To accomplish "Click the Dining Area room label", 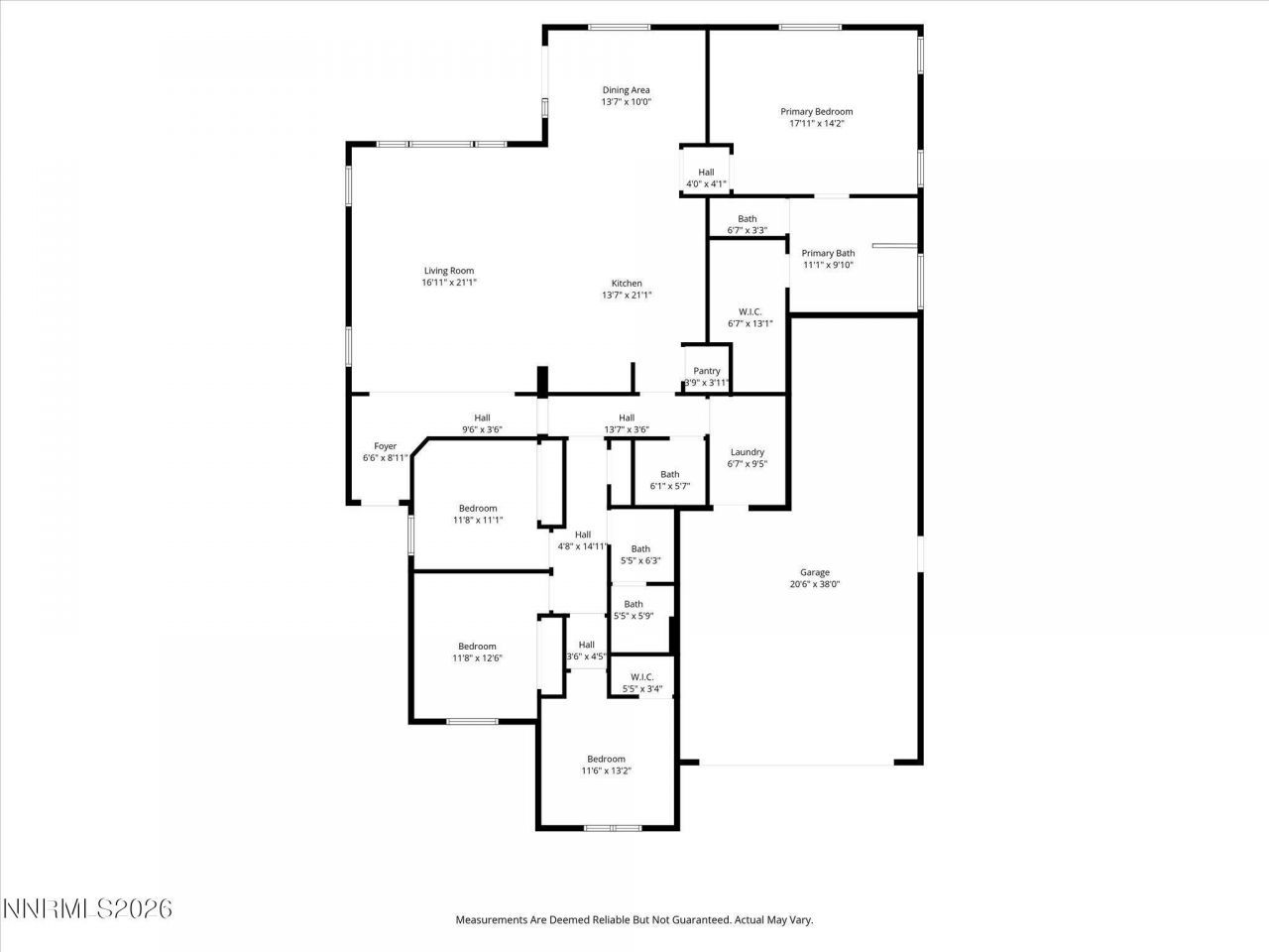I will [x=626, y=90].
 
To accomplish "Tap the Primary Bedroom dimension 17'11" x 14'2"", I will [x=816, y=124].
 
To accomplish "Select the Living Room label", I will [x=449, y=271].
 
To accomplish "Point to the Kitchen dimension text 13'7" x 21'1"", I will [x=627, y=295].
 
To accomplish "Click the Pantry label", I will [x=707, y=371].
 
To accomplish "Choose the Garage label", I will [x=815, y=572].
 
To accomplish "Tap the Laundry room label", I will [x=748, y=452].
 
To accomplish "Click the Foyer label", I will [x=385, y=446].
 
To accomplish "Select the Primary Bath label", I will [x=828, y=253].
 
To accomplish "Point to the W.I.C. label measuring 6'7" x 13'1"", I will [x=750, y=311].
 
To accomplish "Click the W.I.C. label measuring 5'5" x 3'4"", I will [x=641, y=677].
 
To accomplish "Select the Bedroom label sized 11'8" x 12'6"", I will [x=477, y=647].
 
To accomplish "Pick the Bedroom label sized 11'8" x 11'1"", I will [x=477, y=508].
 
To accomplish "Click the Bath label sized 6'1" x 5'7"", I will [x=670, y=474].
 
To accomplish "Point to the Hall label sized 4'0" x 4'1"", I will [x=706, y=172].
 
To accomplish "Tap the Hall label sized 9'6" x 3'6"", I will [x=482, y=418].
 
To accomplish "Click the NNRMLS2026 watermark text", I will [x=87, y=908].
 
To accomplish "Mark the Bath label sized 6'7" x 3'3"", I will [x=747, y=219].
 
